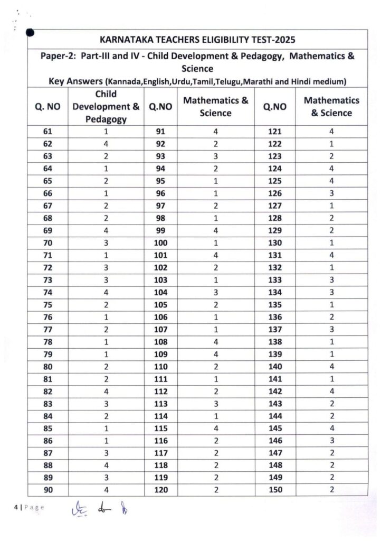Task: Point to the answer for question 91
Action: point(215,133)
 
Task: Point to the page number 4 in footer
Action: point(16,507)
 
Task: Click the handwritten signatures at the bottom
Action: point(103,509)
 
